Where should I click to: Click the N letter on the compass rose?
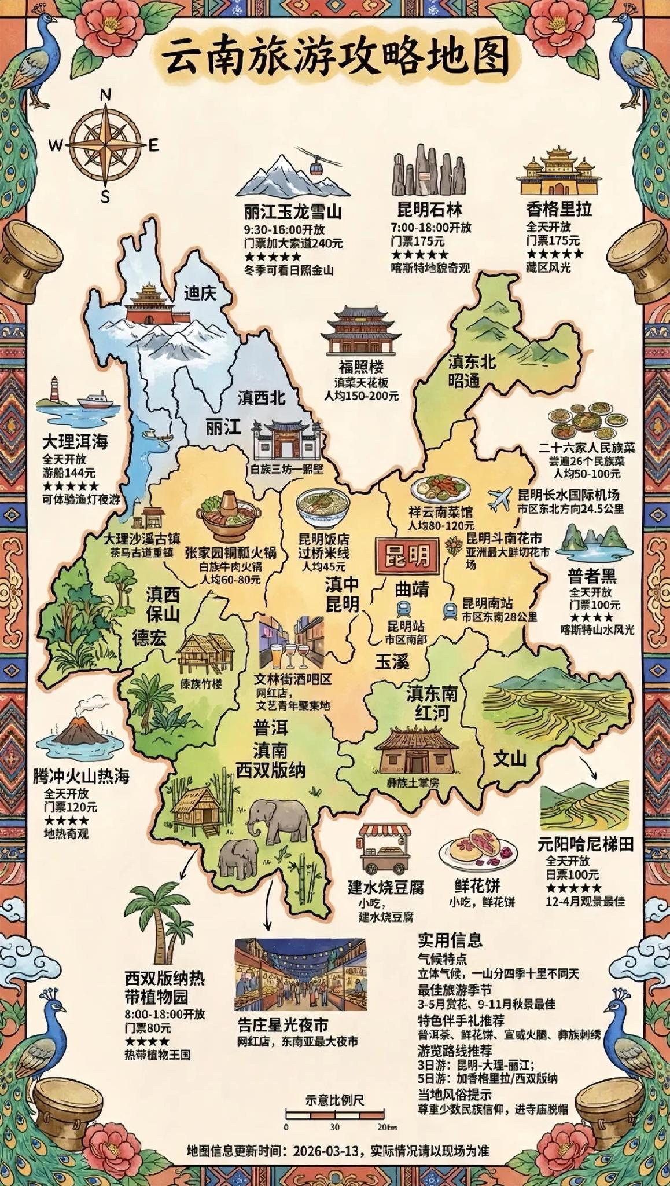(105, 94)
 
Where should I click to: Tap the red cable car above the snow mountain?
(315, 167)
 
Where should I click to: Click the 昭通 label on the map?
(465, 380)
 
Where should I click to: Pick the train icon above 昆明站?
(403, 608)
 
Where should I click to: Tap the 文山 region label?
(510, 758)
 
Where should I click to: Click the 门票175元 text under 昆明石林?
(418, 240)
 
